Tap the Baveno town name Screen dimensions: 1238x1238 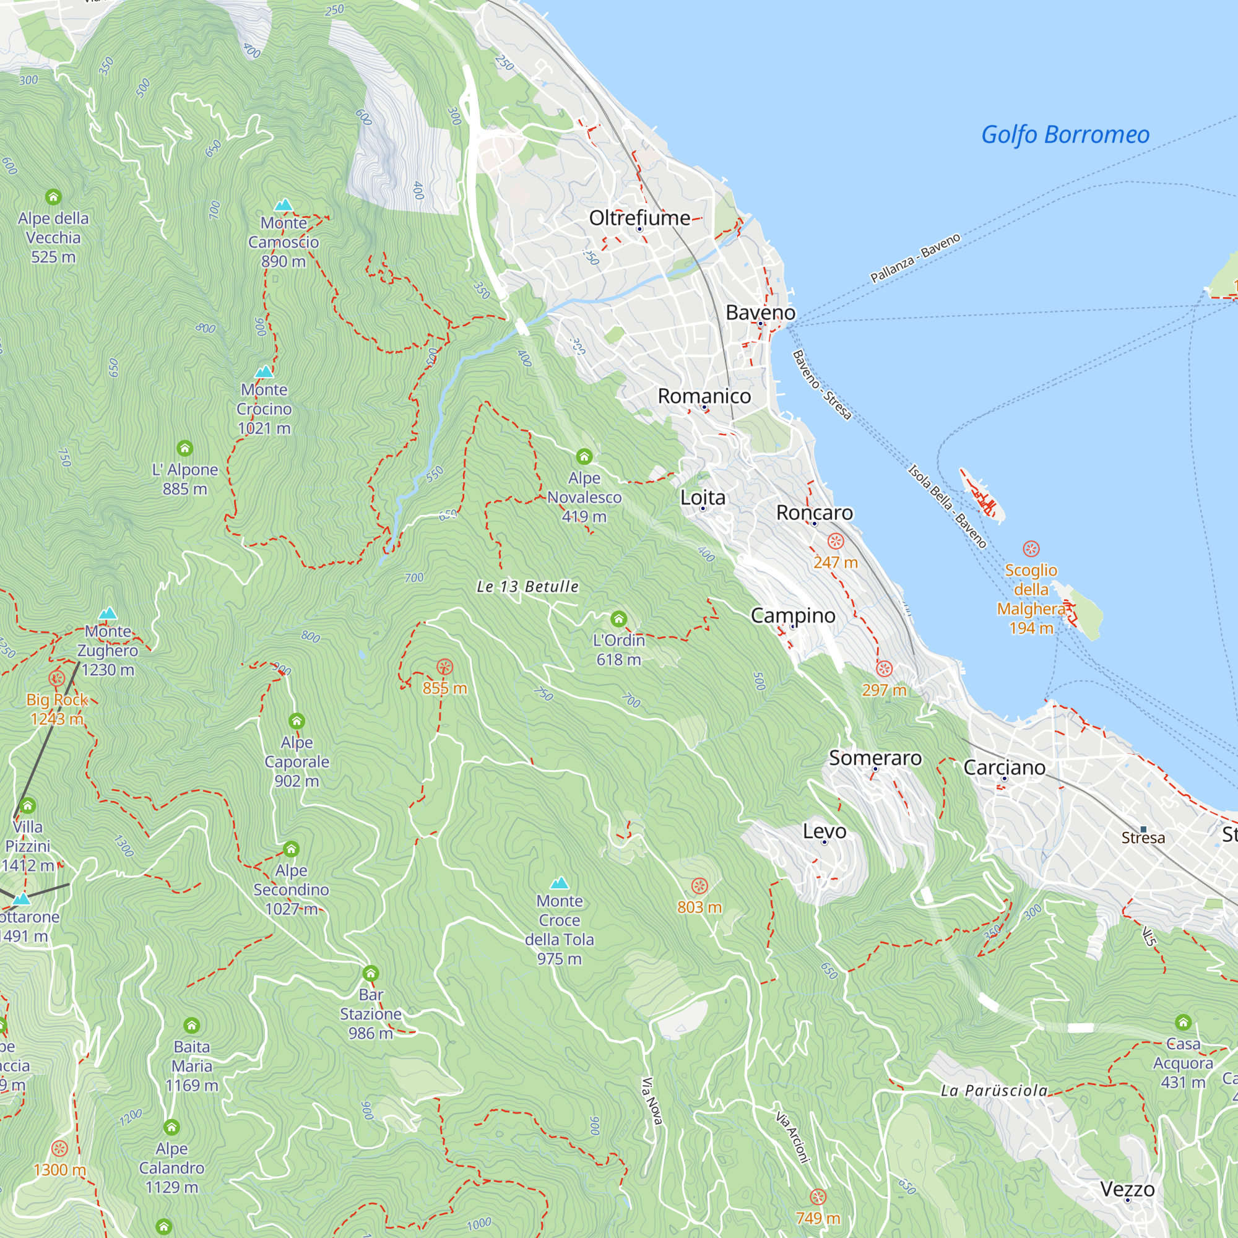760,313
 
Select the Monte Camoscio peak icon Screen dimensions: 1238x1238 284,205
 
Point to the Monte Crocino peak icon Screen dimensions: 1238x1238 264,371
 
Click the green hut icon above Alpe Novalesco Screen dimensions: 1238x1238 584,456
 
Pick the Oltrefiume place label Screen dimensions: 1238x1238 639,218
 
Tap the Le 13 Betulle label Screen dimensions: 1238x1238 527,586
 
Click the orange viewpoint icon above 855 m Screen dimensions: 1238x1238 444,667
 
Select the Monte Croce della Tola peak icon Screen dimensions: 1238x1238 560,883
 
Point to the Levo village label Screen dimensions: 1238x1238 825,831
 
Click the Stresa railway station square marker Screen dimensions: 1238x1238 1144,829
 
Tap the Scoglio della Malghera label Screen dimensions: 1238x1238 1031,599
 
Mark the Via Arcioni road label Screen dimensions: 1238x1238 794,1137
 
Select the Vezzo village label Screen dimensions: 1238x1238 1127,1189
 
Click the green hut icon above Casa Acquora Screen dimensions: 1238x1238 1183,1022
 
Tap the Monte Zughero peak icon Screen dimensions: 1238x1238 108,613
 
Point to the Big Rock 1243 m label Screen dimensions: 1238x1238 57,709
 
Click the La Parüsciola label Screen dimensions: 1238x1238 994,1091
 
